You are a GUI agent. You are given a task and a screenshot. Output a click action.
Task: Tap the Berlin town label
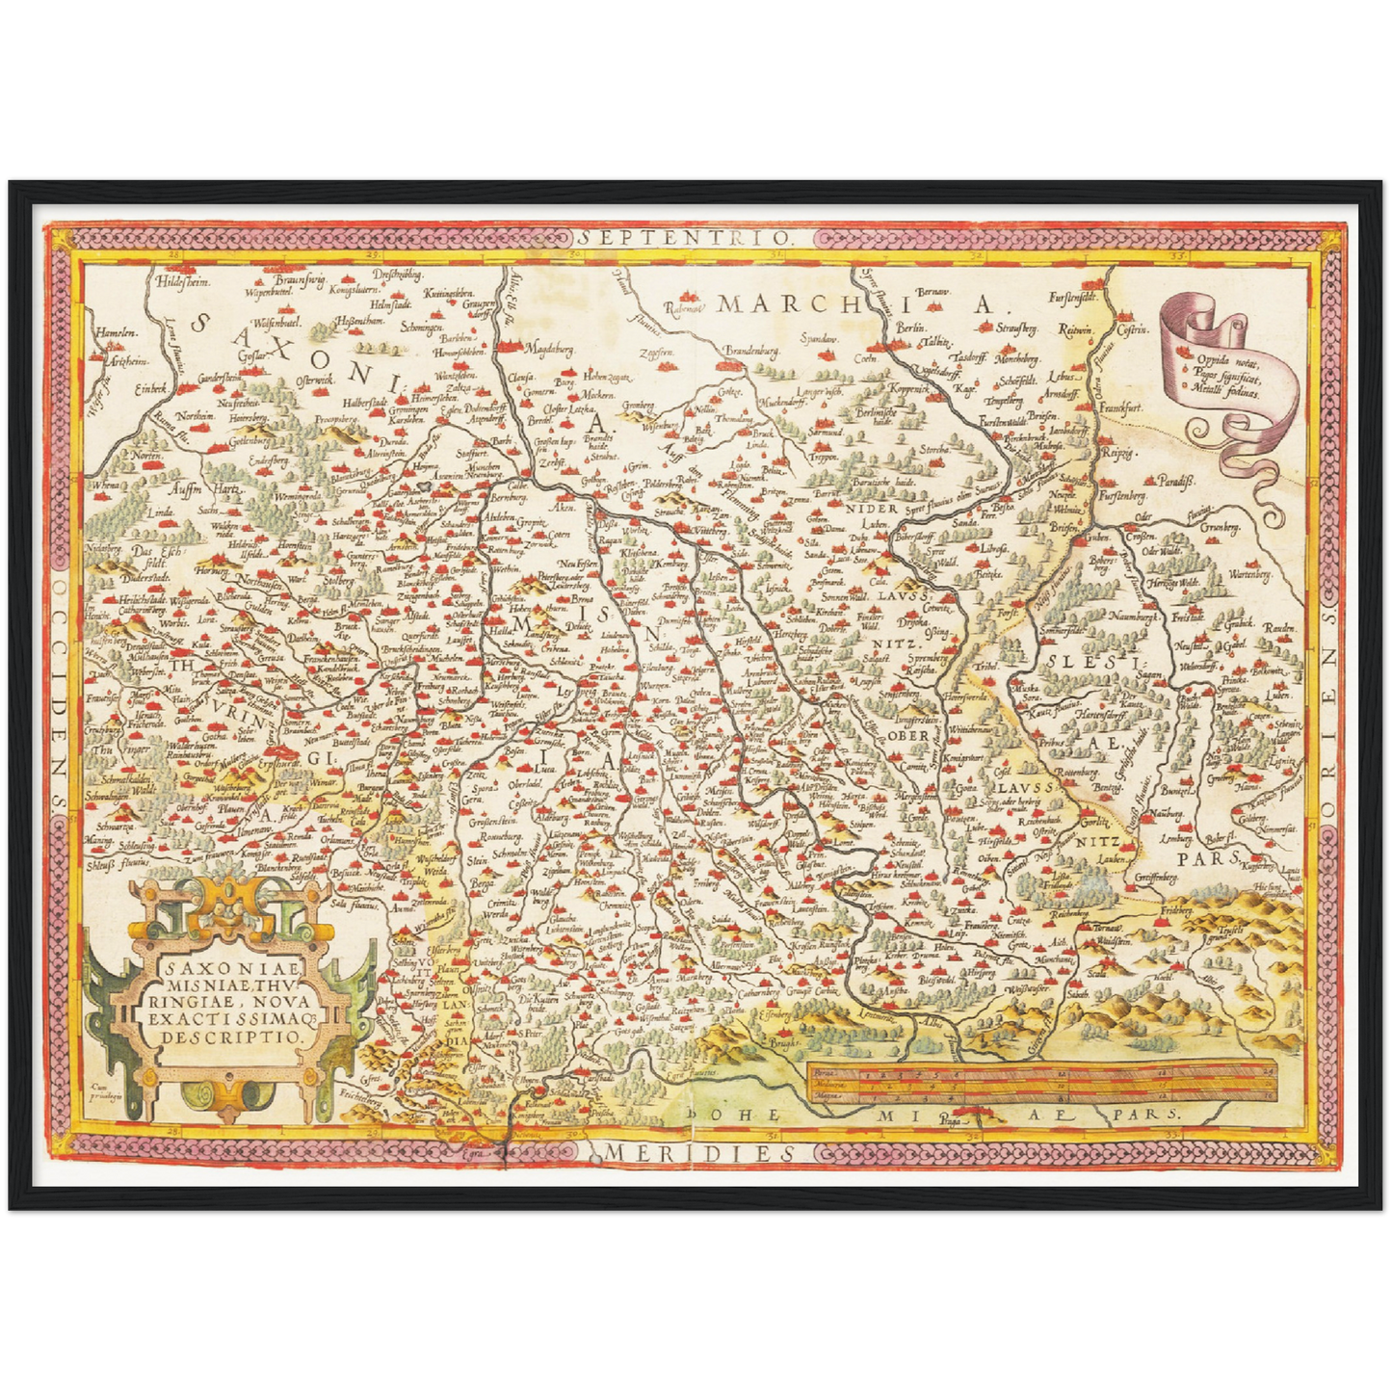910,328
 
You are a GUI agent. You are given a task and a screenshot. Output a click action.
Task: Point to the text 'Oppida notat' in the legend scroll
1227,358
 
